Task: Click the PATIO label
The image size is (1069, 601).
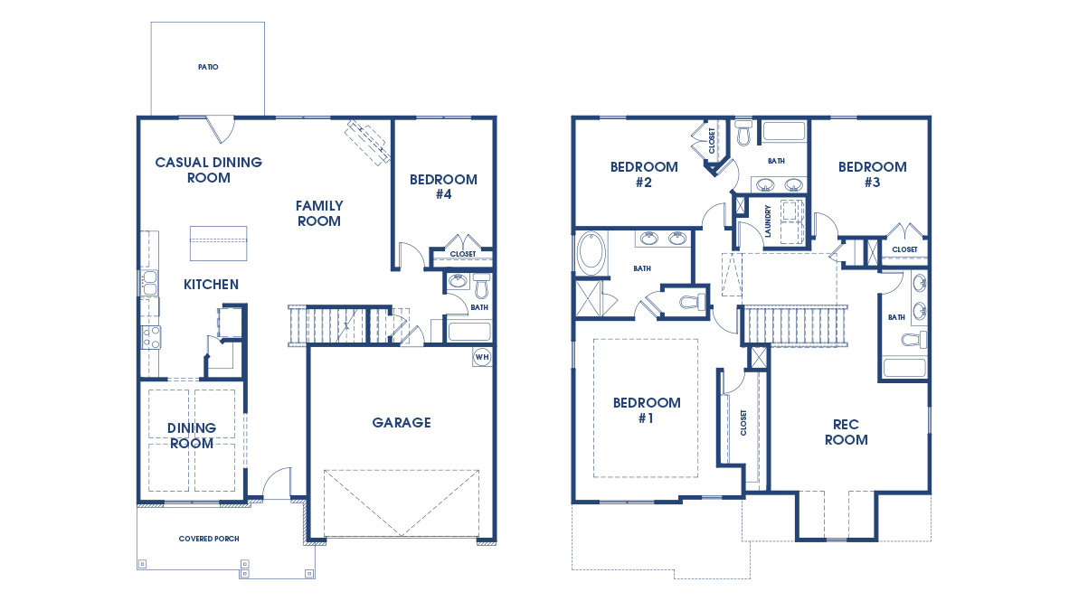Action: (x=208, y=67)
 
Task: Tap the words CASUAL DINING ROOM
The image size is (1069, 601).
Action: (x=208, y=170)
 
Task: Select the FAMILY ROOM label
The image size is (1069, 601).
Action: (x=318, y=213)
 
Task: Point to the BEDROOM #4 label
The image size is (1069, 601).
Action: (x=443, y=186)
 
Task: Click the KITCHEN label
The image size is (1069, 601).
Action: (x=211, y=285)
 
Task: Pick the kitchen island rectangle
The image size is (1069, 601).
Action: (x=218, y=243)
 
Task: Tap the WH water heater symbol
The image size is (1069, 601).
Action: (x=481, y=355)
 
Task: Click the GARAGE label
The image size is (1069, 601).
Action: (x=402, y=422)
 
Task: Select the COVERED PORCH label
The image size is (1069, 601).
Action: (x=208, y=539)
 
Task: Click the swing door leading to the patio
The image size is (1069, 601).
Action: (x=220, y=129)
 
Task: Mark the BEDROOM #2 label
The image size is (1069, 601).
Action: (x=643, y=174)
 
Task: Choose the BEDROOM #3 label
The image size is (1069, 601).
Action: (x=872, y=174)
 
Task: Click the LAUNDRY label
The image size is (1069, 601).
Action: (x=767, y=221)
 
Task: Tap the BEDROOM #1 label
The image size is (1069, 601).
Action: (x=647, y=410)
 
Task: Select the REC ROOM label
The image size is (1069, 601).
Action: (x=846, y=432)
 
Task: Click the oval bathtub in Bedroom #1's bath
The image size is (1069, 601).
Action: (x=591, y=254)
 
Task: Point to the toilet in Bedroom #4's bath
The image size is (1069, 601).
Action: (x=481, y=288)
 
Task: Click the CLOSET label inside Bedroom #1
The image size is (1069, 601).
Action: (x=743, y=422)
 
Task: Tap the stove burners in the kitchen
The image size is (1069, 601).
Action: (x=151, y=337)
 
